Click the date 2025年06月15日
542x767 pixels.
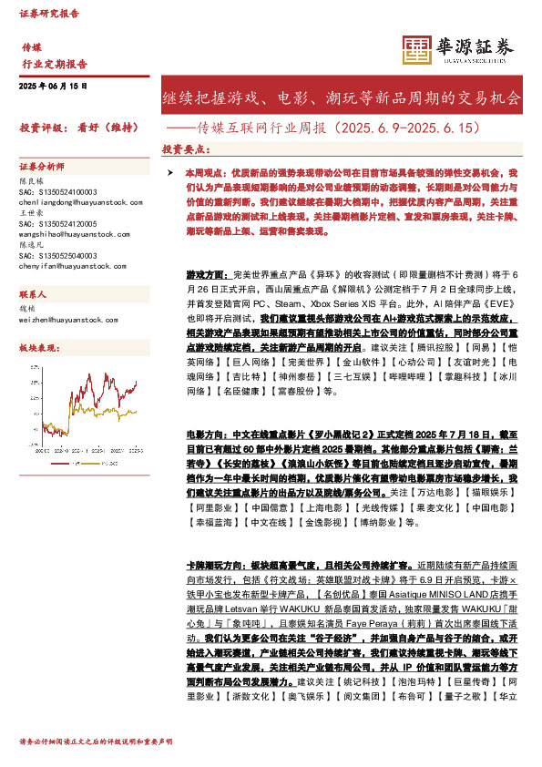point(53,86)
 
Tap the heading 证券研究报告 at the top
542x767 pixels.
point(49,14)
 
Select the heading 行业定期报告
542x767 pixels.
point(55,64)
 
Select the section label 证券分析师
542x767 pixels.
point(42,167)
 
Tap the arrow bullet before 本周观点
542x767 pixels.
point(169,172)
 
